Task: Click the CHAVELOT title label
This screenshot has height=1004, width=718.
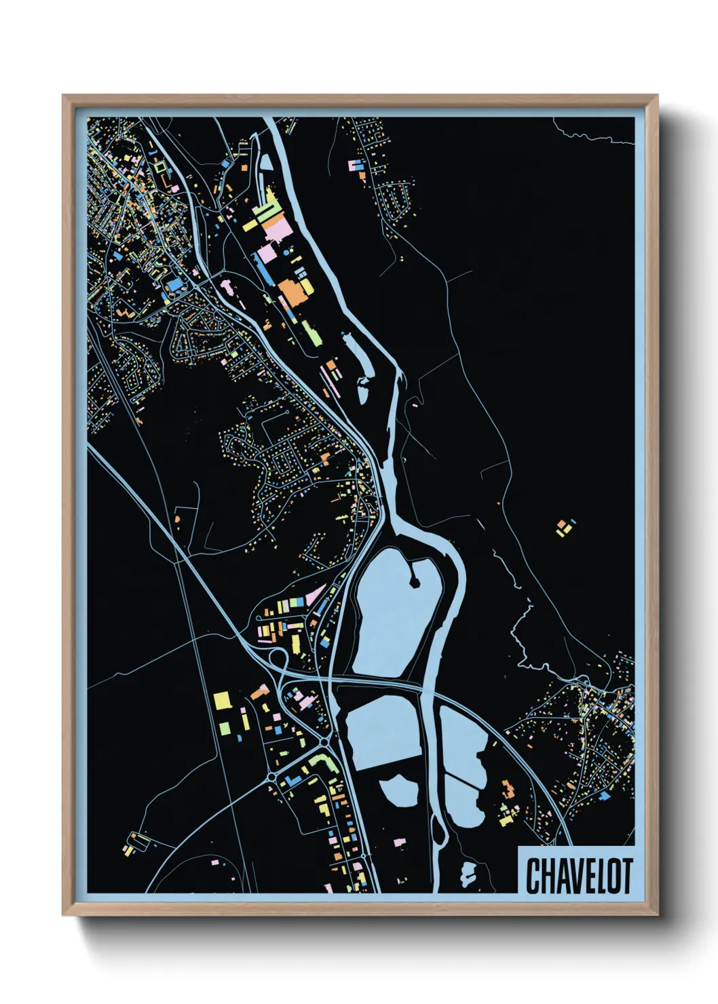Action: click(x=578, y=876)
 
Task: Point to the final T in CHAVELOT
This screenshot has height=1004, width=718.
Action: click(x=626, y=876)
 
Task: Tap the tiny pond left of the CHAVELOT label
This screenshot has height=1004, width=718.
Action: click(x=468, y=875)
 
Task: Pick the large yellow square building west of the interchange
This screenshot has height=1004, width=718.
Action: click(x=223, y=699)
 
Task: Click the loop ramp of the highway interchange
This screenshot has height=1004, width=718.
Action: click(x=277, y=656)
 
